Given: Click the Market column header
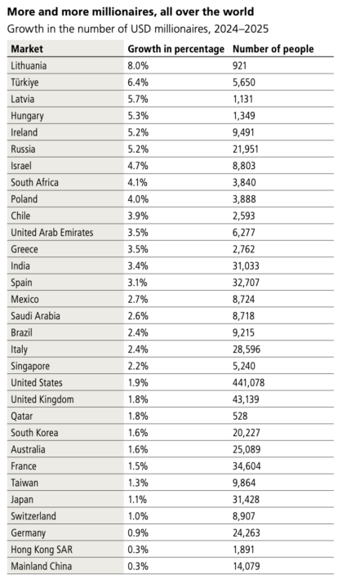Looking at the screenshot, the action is coord(27,49).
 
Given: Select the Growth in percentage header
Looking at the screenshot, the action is coord(176,49).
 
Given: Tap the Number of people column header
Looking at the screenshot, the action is coord(273,49).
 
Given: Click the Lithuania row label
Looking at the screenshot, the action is coord(29,65).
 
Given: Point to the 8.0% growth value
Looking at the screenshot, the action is coord(138,65).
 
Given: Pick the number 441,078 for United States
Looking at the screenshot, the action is coord(248,382).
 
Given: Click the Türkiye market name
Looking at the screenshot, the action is coord(24,82).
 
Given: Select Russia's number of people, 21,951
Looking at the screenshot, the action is coord(245,149).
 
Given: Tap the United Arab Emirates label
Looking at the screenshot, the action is coord(51,233).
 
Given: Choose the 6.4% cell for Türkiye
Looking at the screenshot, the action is coord(138,82).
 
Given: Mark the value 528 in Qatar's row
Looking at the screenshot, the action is coord(240,416).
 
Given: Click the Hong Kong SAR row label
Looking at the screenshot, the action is coord(42,550).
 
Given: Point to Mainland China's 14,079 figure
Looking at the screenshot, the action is coord(246,566).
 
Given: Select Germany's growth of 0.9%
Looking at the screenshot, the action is coord(138,532).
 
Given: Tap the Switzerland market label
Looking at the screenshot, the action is coord(33,516).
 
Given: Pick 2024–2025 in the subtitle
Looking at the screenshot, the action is coord(241,29).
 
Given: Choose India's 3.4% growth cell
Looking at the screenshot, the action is coord(138,266).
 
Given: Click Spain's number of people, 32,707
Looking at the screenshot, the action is coord(246,283).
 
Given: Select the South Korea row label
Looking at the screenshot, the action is coord(34,433).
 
